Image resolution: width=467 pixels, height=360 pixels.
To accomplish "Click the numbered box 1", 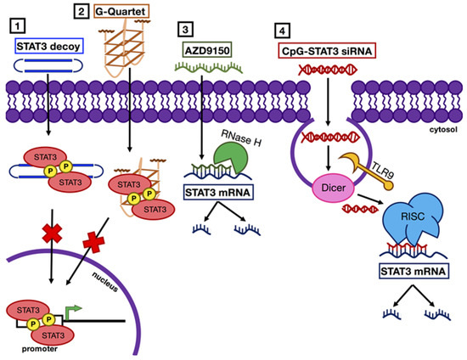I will [11, 18].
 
